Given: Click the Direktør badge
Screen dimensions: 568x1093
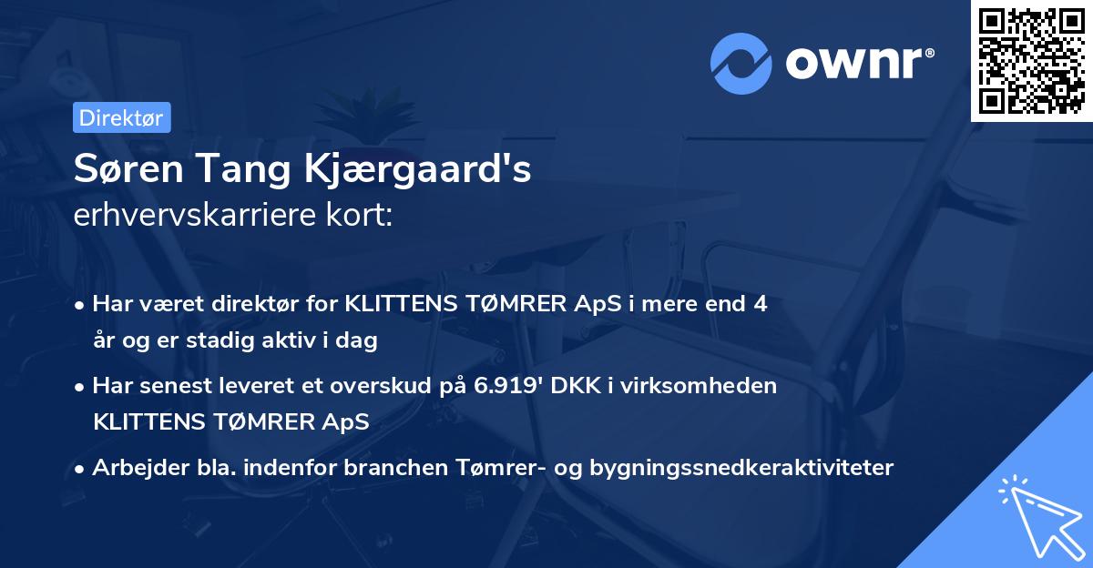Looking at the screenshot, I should [x=120, y=117].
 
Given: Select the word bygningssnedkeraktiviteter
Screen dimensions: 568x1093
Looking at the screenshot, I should [x=742, y=468].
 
